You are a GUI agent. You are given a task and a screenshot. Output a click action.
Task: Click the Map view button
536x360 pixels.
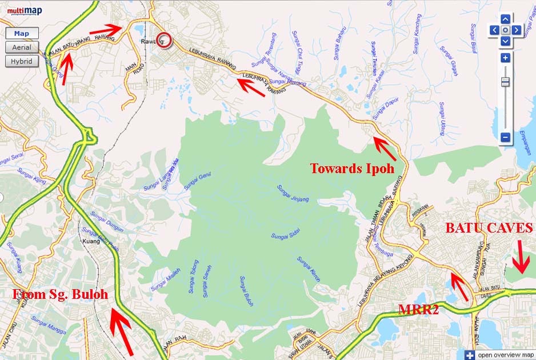pos(22,34)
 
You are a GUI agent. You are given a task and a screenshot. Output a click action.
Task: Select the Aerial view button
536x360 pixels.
pos(22,47)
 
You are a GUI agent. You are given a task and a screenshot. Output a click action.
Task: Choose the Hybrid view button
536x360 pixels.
pos(22,61)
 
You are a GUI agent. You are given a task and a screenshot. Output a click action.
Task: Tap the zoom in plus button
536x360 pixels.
pos(505,58)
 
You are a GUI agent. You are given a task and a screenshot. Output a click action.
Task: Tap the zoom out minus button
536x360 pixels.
pos(505,137)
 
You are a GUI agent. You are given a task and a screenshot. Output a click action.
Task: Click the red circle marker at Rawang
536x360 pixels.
pos(165,40)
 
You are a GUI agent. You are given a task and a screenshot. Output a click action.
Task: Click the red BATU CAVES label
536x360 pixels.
pos(489,228)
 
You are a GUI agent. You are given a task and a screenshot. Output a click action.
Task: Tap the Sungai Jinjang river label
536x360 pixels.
pos(293,194)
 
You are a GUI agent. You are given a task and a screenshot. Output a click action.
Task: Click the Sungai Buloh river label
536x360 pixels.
pos(246,291)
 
